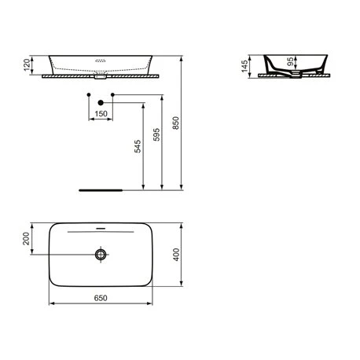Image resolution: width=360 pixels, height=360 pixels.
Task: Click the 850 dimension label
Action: point(176,123)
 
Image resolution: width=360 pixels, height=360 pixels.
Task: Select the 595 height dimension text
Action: point(156,134)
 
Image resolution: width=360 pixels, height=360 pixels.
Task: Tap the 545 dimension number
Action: point(138,146)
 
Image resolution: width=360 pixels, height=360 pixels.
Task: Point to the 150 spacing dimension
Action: point(101,114)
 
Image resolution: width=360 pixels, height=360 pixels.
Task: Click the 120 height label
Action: point(27,65)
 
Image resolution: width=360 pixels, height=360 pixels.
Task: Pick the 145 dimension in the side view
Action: point(244,66)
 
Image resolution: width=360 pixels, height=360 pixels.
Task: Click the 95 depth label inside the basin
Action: point(290,62)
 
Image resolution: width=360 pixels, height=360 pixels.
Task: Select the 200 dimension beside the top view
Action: point(26,238)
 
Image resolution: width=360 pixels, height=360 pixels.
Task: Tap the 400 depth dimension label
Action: point(176,255)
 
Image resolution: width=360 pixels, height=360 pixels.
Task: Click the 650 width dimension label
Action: point(101,298)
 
